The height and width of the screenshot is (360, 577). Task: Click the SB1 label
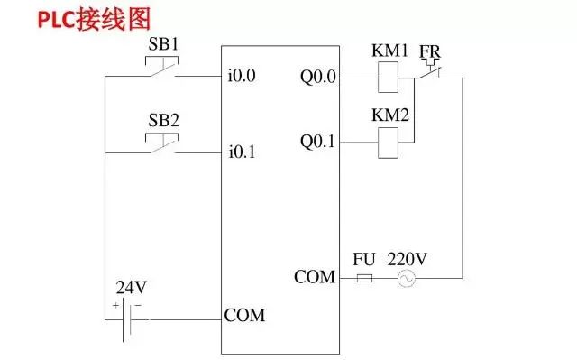[x=163, y=44]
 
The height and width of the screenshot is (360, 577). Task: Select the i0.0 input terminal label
[x=242, y=77]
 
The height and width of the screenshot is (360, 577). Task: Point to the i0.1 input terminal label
[x=242, y=152]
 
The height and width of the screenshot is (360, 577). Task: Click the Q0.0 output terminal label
[x=318, y=77]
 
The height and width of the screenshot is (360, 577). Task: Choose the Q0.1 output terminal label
[x=318, y=142]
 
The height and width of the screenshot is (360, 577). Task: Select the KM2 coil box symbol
[x=388, y=141]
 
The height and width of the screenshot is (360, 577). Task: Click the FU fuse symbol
[x=365, y=280]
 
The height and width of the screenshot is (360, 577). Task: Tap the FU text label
[x=364, y=259]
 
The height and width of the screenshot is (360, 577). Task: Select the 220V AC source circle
[x=407, y=280]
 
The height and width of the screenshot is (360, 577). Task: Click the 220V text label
[x=408, y=259]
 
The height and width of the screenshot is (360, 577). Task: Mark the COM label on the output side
[x=315, y=276]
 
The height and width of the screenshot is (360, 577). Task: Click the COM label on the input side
[x=244, y=315]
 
